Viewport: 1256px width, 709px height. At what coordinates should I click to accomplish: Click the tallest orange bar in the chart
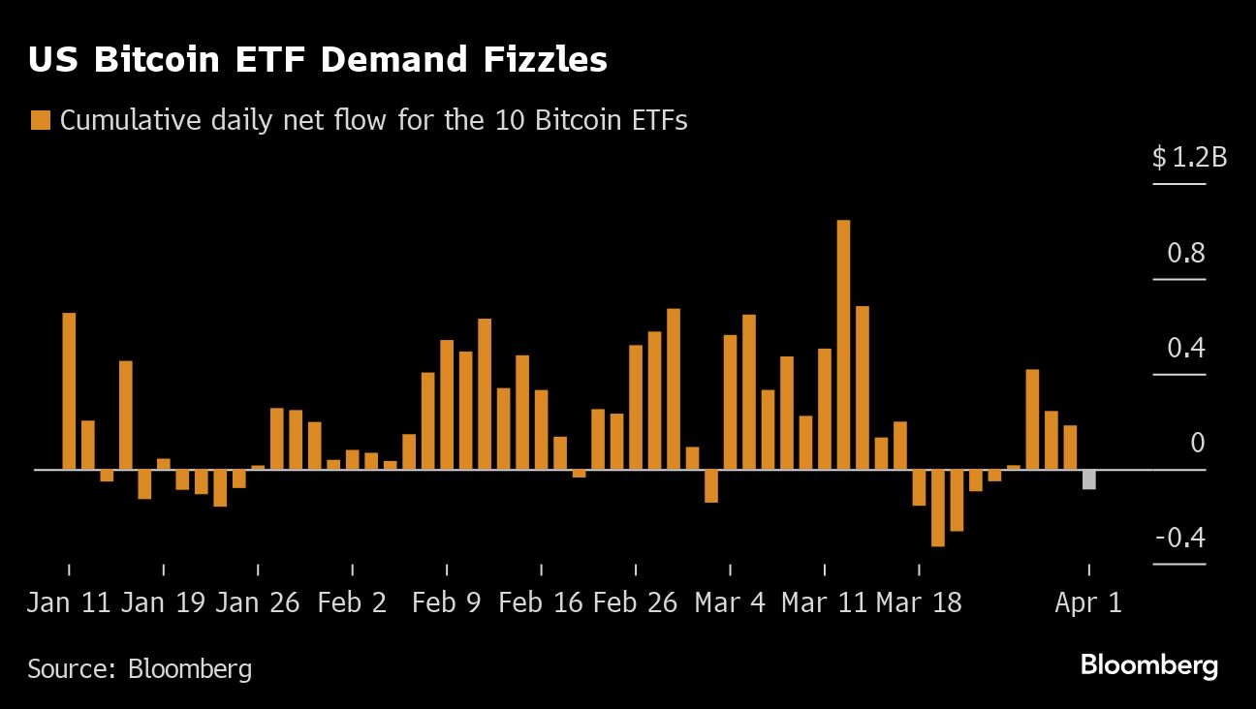843,344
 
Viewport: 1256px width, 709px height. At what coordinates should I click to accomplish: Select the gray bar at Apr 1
1089,479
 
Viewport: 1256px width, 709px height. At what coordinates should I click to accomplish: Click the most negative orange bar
937,508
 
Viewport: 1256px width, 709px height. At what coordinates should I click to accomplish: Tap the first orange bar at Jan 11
69,390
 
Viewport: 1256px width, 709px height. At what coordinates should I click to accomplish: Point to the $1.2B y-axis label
1189,157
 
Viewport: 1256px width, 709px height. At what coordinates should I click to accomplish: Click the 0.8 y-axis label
1185,254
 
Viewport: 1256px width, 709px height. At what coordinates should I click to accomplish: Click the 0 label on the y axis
1198,444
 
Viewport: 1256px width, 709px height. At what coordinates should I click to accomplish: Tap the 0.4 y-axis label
1185,348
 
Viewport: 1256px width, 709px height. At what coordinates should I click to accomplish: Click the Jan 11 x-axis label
69,602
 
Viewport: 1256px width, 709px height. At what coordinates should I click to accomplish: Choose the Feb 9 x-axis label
446,602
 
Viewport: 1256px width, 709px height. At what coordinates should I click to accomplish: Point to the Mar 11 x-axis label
824,602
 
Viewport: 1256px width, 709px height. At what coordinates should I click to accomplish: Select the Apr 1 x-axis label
1088,602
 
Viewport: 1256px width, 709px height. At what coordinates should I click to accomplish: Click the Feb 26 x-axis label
635,602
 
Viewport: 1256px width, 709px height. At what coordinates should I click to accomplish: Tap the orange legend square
41,121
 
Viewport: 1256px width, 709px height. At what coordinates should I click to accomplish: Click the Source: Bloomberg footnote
140,668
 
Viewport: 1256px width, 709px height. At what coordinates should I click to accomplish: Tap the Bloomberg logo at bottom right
1148,666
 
